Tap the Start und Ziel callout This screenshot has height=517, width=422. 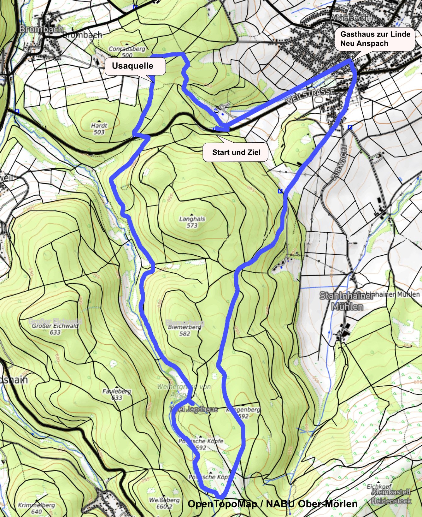coord(236,152)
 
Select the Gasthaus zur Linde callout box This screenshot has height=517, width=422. coord(375,39)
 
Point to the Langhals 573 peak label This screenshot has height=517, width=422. coord(192,222)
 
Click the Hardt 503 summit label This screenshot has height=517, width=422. coord(99,128)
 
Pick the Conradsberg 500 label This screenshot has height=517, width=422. coord(127,52)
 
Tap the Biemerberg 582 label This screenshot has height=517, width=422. coord(185,330)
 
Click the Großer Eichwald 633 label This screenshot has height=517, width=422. coord(55,329)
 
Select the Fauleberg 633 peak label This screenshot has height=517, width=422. coord(117,394)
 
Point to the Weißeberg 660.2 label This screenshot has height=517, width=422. coord(164,503)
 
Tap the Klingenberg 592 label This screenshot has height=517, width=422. coord(243,413)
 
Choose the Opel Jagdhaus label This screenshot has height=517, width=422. coord(194,409)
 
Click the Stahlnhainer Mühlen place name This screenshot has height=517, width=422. coord(347,301)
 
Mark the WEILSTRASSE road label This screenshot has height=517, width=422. coord(310,96)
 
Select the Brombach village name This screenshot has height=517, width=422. coord(41,29)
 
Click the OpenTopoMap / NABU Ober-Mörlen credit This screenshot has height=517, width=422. coord(273,504)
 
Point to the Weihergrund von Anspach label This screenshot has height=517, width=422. coord(184,390)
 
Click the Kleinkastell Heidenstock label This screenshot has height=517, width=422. coord(391,496)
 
